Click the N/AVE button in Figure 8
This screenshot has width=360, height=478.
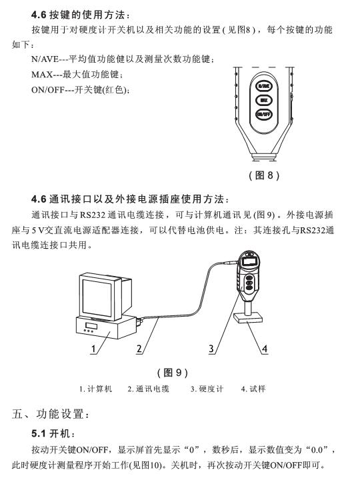pyautogui.click(x=264, y=86)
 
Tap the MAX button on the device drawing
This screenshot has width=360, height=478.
pyautogui.click(x=264, y=100)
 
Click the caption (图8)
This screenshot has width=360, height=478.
pyautogui.click(x=263, y=175)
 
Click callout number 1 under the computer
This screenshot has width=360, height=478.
pyautogui.click(x=94, y=348)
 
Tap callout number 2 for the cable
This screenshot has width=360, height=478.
pyautogui.click(x=140, y=348)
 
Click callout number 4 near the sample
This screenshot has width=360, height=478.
pyautogui.click(x=264, y=348)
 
